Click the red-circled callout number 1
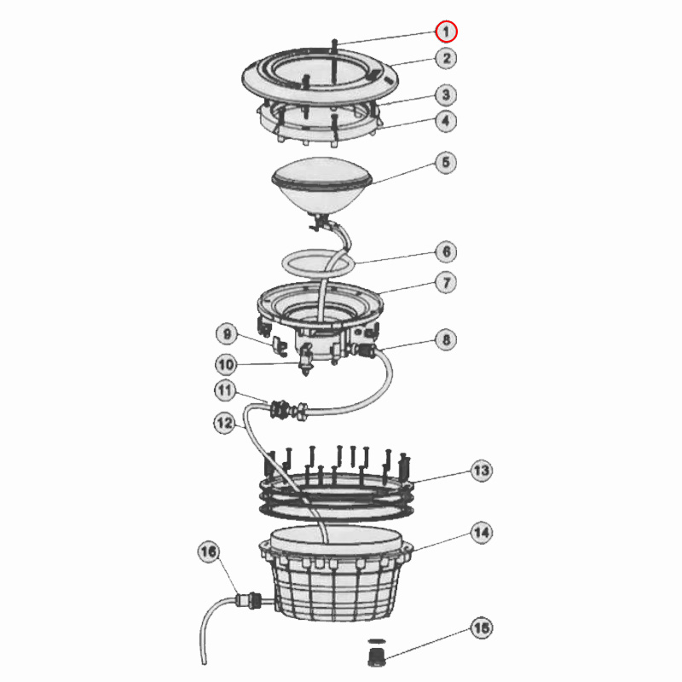point(446,32)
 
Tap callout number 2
point(446,58)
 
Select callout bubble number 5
point(446,163)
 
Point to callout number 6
point(446,251)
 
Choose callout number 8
point(446,339)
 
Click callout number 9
point(227,334)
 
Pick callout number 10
point(226,365)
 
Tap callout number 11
point(225,390)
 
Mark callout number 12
point(225,423)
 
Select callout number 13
point(482,471)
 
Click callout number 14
point(482,533)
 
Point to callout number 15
point(482,628)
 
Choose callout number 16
point(208,552)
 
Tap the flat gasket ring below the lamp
point(316,263)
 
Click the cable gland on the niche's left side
point(250,601)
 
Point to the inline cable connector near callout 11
point(289,409)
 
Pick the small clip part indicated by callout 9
point(280,346)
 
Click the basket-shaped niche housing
point(336,573)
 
